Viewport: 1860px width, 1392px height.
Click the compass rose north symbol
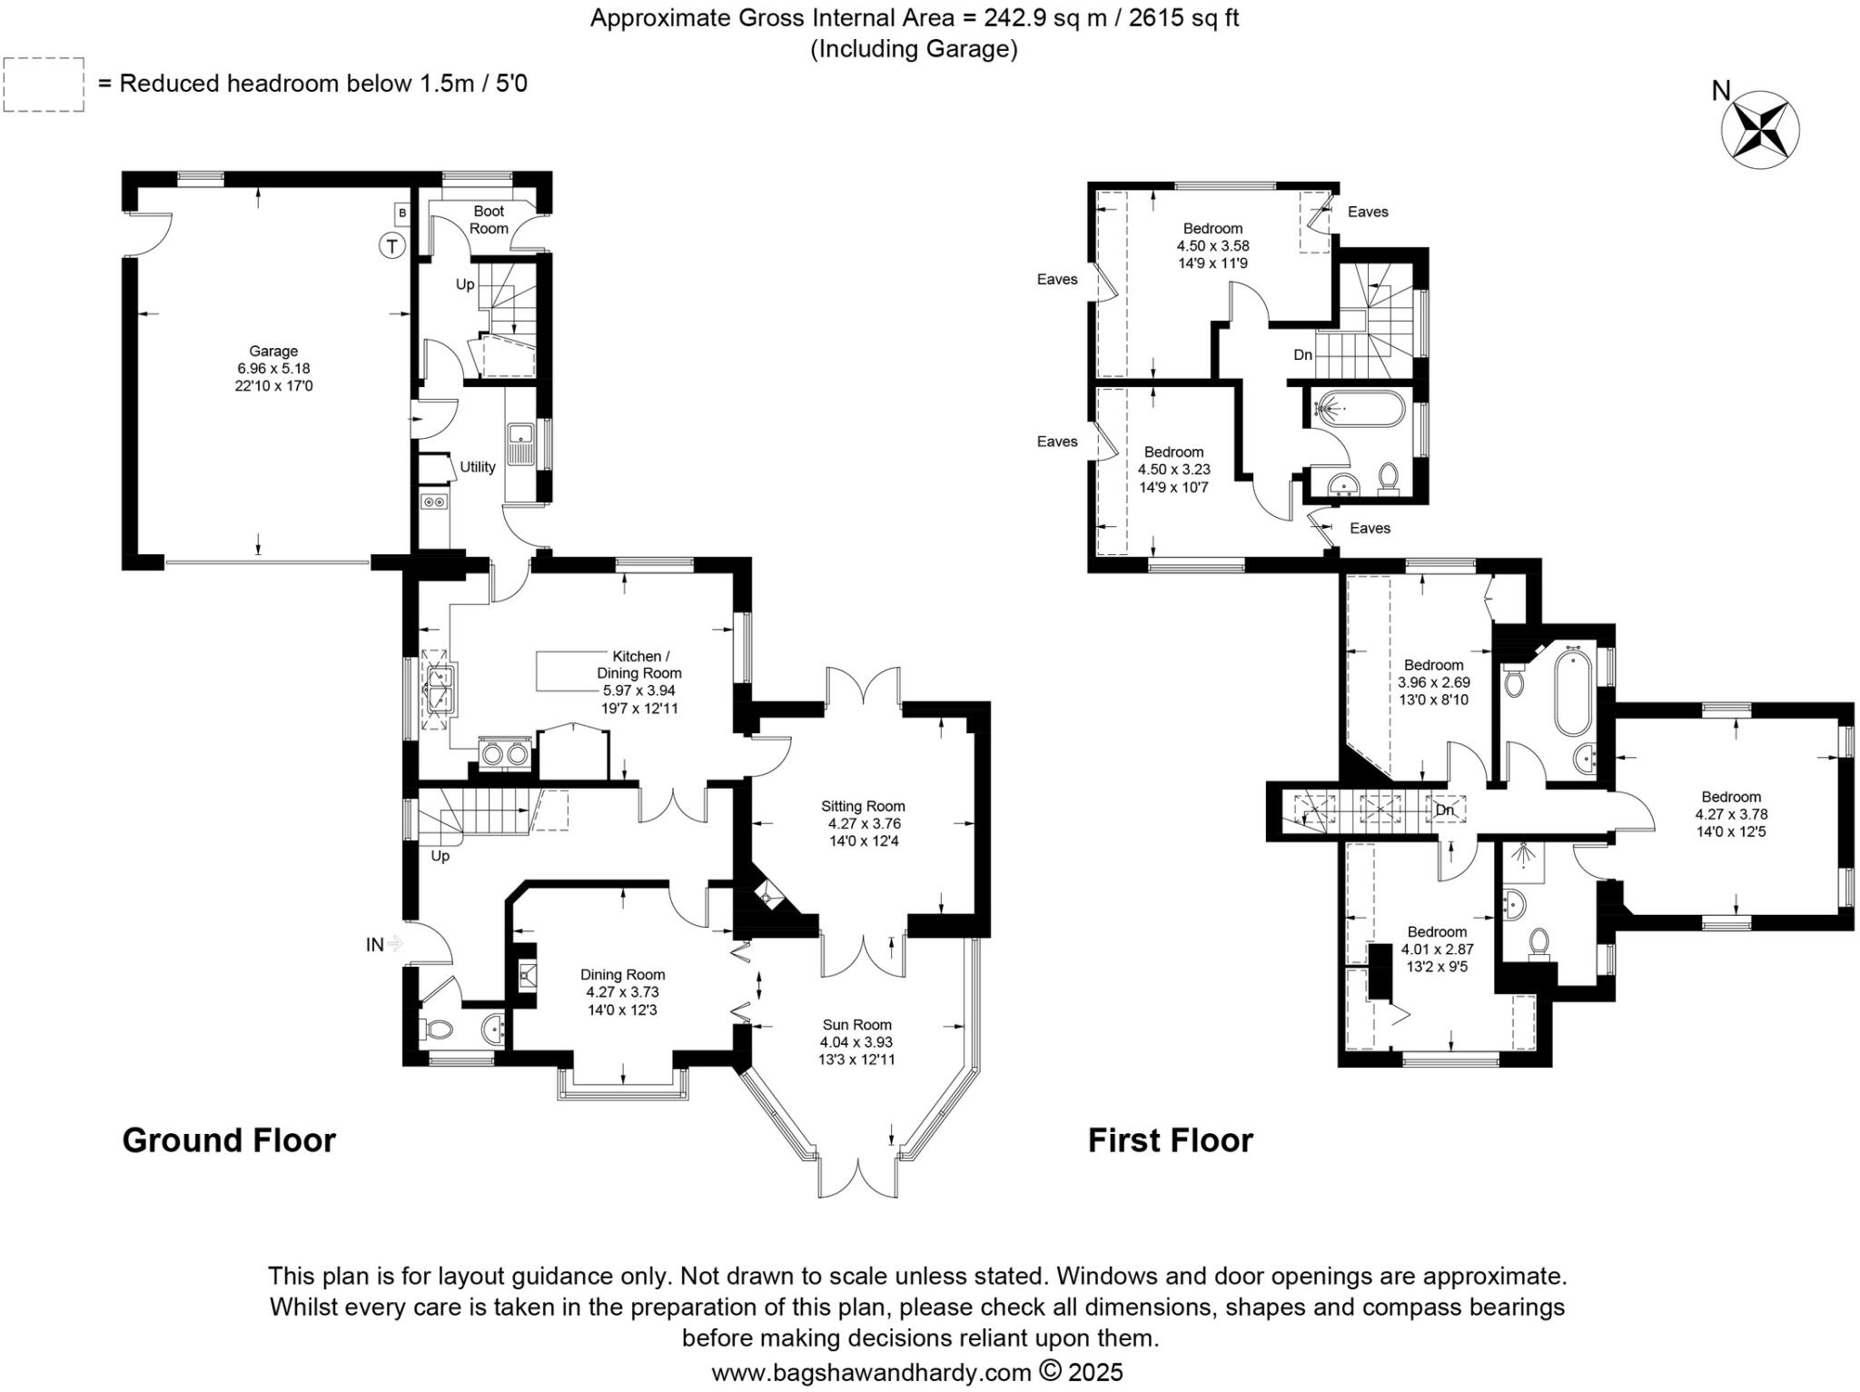click(1759, 130)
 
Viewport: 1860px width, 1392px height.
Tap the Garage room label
click(273, 351)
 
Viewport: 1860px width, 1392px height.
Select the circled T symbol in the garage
click(391, 245)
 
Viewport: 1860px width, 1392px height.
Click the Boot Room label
click(489, 219)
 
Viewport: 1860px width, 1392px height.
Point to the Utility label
click(477, 466)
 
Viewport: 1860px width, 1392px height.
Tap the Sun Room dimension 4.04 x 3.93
click(856, 1042)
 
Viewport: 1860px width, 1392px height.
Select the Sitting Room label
click(863, 806)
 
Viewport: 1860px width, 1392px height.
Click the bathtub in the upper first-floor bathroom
click(1359, 409)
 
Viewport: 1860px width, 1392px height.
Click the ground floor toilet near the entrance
click(438, 1029)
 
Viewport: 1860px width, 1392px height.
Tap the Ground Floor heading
click(229, 1139)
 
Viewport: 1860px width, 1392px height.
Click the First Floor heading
click(1170, 1139)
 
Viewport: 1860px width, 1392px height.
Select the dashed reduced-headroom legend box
click(44, 85)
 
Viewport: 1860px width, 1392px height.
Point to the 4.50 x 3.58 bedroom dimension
click(1212, 245)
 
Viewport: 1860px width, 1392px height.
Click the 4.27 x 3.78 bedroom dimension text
click(1731, 814)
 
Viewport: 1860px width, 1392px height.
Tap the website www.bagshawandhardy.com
click(870, 1372)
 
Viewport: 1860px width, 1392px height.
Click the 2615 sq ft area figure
click(1183, 18)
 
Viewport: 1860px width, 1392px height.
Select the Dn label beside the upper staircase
click(1302, 355)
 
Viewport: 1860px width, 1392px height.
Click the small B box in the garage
click(401, 214)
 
